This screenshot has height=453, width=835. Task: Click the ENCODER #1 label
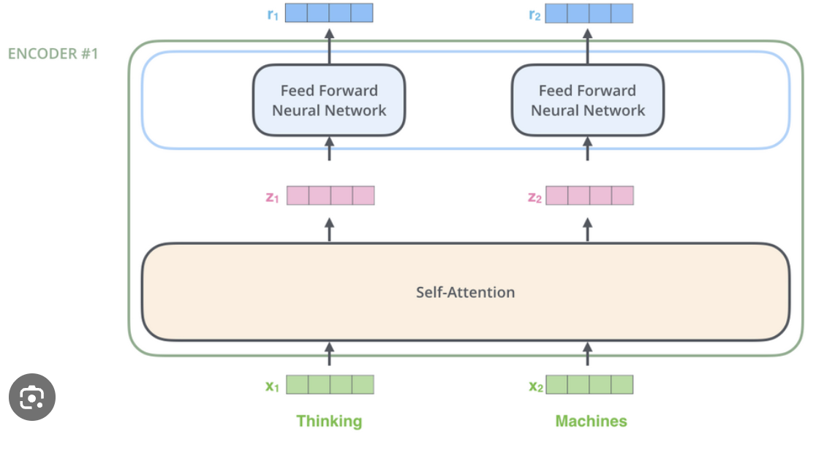[x=53, y=54]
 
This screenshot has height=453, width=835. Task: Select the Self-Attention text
[x=465, y=292]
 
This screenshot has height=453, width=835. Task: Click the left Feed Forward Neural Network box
[x=329, y=100]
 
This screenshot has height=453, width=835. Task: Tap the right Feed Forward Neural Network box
[x=587, y=100]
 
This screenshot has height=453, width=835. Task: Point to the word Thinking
[x=329, y=421]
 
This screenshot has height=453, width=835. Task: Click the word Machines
[x=591, y=421]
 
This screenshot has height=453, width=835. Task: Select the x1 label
[x=272, y=386]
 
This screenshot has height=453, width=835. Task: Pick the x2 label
[x=535, y=386]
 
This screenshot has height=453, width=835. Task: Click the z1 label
[x=272, y=197]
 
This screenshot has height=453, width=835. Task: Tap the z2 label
[x=534, y=197]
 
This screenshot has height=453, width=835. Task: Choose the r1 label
[x=272, y=14]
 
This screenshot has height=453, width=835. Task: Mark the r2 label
[x=534, y=14]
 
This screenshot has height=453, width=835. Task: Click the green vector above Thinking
[x=330, y=384]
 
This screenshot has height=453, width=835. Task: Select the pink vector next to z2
[x=589, y=195]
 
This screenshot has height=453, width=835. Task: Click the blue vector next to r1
[x=329, y=13]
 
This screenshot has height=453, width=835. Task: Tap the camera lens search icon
[x=32, y=397]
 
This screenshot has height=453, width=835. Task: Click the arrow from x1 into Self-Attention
[x=329, y=354]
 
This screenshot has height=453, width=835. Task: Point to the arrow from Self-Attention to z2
[x=587, y=229]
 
